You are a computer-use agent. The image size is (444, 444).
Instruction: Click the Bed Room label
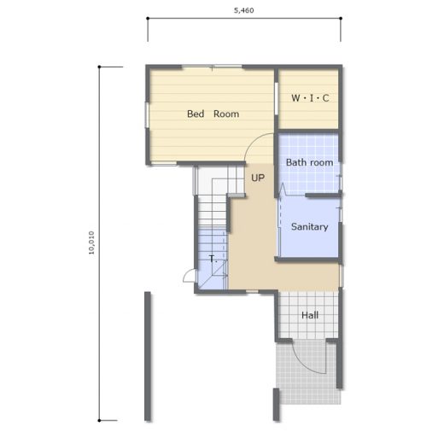(x=213, y=114)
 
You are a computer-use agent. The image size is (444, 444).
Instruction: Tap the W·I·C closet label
(x=310, y=98)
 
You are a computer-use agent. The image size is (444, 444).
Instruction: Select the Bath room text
(x=309, y=162)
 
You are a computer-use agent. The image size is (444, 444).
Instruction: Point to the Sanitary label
(x=309, y=227)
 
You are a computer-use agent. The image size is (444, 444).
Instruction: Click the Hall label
(x=310, y=315)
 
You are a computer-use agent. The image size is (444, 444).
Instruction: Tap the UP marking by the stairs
(x=258, y=178)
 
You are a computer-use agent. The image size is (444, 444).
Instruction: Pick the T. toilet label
(x=213, y=259)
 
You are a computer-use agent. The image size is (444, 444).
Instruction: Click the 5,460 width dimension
(x=244, y=10)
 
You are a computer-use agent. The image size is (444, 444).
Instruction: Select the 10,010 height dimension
(x=91, y=242)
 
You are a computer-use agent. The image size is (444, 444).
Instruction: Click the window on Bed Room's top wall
(x=212, y=67)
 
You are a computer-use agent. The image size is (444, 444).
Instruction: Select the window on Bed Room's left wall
(x=147, y=115)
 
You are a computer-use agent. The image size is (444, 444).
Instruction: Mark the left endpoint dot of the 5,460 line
(x=148, y=19)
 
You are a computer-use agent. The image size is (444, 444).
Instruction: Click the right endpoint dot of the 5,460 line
(x=341, y=19)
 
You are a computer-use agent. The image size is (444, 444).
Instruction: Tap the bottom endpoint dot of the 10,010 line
(x=99, y=420)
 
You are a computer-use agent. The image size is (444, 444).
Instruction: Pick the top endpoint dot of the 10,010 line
(x=99, y=67)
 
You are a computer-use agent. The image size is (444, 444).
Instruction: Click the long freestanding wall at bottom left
(x=148, y=356)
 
